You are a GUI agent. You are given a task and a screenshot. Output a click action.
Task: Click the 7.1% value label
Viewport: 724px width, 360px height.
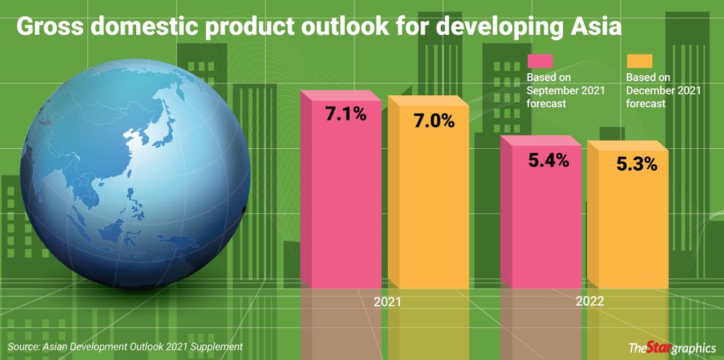coord(345,114)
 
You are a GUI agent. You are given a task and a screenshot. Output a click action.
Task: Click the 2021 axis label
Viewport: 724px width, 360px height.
coord(387,302)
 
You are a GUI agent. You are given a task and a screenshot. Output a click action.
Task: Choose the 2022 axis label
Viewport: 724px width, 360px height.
coord(589,302)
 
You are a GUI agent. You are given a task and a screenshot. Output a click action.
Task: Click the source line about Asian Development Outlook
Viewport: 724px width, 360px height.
coord(125,347)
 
